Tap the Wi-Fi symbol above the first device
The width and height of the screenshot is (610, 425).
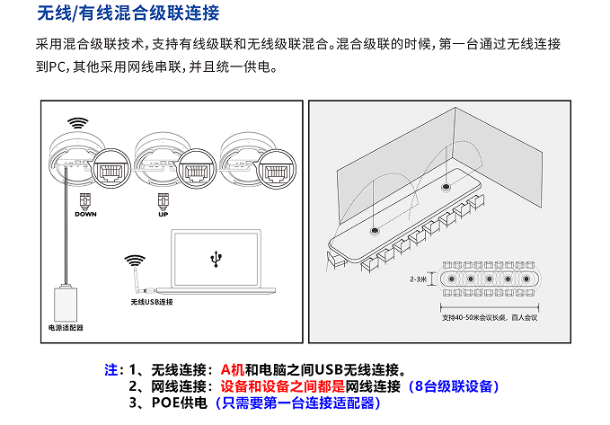pos(78,123)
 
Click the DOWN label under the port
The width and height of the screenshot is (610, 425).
pos(85,214)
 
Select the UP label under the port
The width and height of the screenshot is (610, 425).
pos(164,214)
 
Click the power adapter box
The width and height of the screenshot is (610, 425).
pos(66,301)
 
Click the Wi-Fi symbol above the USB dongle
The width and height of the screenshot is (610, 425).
pos(135,261)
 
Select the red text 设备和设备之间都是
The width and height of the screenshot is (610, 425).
pos(283,386)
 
